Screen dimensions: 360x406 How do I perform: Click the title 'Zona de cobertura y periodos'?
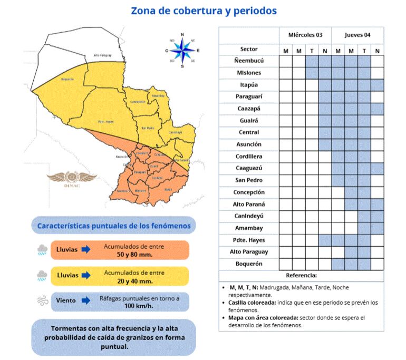[204, 11]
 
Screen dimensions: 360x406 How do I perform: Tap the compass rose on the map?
[182, 51]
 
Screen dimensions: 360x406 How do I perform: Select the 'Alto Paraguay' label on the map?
[103, 55]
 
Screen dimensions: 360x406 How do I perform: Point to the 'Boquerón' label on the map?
[67, 80]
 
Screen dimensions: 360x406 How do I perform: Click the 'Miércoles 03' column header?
[305, 35]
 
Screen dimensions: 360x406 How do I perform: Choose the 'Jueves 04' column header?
[357, 35]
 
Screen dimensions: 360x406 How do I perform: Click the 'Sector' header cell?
[249, 49]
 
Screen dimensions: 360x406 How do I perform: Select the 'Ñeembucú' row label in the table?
[249, 61]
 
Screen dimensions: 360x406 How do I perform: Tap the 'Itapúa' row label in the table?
[249, 84]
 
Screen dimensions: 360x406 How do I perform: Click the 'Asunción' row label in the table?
[249, 144]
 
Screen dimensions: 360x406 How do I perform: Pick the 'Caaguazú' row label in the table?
[249, 168]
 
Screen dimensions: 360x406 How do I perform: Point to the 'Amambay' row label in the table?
[249, 228]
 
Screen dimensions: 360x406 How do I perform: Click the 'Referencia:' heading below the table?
[301, 276]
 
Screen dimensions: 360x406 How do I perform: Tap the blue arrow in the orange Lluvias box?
[86, 249]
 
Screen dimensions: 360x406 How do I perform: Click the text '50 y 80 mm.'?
[134, 254]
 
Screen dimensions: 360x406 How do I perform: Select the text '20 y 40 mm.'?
[134, 281]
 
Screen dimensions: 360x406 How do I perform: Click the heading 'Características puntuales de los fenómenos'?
[113, 226]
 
